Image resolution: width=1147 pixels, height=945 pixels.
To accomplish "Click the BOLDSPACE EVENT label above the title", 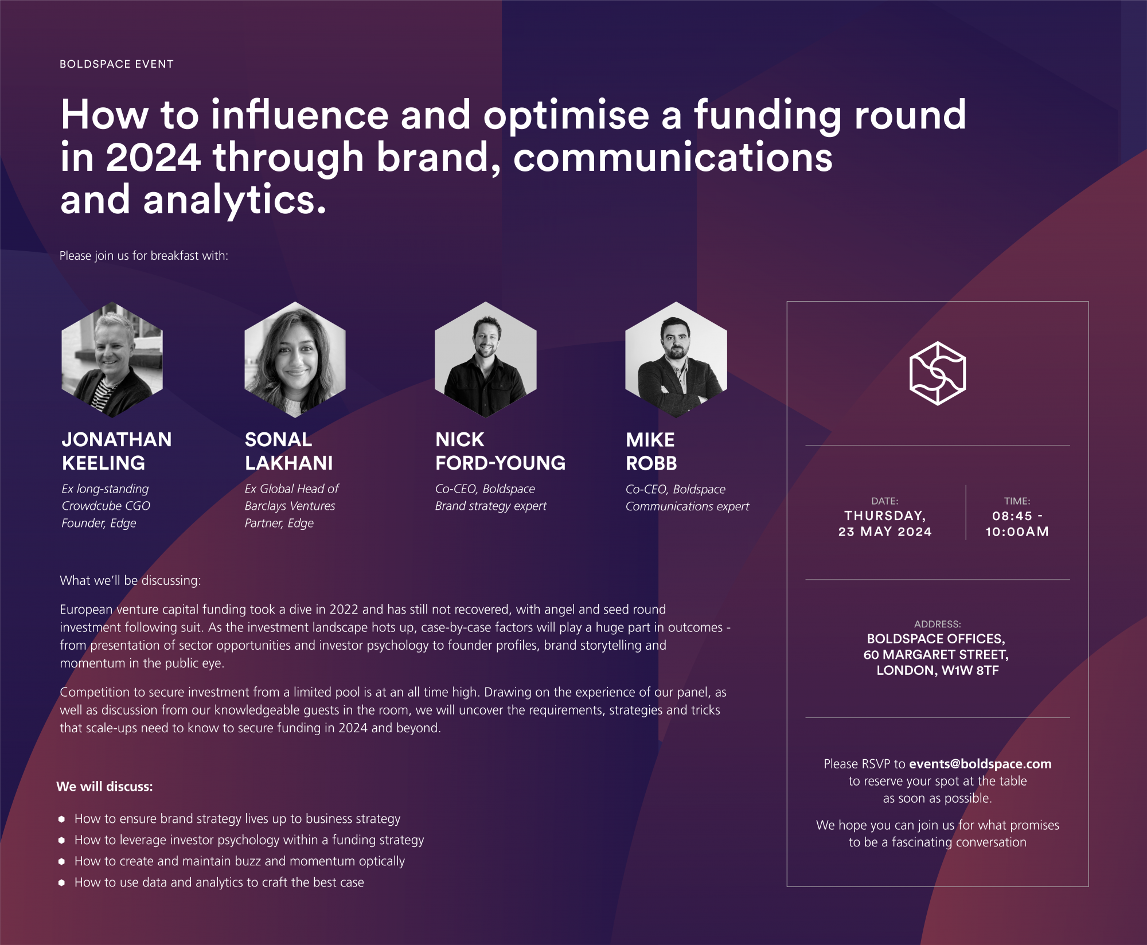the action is pos(116,64).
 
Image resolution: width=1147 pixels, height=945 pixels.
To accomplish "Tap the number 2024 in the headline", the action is pos(153,157).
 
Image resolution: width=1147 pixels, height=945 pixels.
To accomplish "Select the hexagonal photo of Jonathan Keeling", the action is pos(112,360).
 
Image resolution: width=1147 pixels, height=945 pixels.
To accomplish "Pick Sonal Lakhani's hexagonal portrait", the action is pos(295,360).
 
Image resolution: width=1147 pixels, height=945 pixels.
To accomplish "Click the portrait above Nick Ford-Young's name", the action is pos(486,360).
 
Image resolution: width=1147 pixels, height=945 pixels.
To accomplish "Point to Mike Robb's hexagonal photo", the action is pos(676,360).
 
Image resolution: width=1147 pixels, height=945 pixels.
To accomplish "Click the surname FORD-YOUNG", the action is pos(500,463).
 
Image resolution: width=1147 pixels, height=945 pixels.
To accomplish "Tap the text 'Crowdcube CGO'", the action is pos(106,506).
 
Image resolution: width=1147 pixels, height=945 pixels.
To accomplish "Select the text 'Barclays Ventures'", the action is pos(290,506).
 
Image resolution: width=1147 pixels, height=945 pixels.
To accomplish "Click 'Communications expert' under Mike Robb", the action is pos(687,506).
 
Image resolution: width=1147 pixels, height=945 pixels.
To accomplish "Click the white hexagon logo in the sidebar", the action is pos(938,373).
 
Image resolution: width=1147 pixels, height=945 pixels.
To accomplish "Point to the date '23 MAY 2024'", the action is pos(885,532).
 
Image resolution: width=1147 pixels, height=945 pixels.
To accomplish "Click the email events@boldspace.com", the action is pos(980,764).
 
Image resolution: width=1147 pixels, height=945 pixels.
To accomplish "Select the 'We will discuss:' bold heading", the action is pos(104,787).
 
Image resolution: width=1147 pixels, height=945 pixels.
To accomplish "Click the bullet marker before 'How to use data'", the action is pos(61,882).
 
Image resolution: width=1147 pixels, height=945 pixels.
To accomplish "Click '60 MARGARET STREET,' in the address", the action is pos(936,654).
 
